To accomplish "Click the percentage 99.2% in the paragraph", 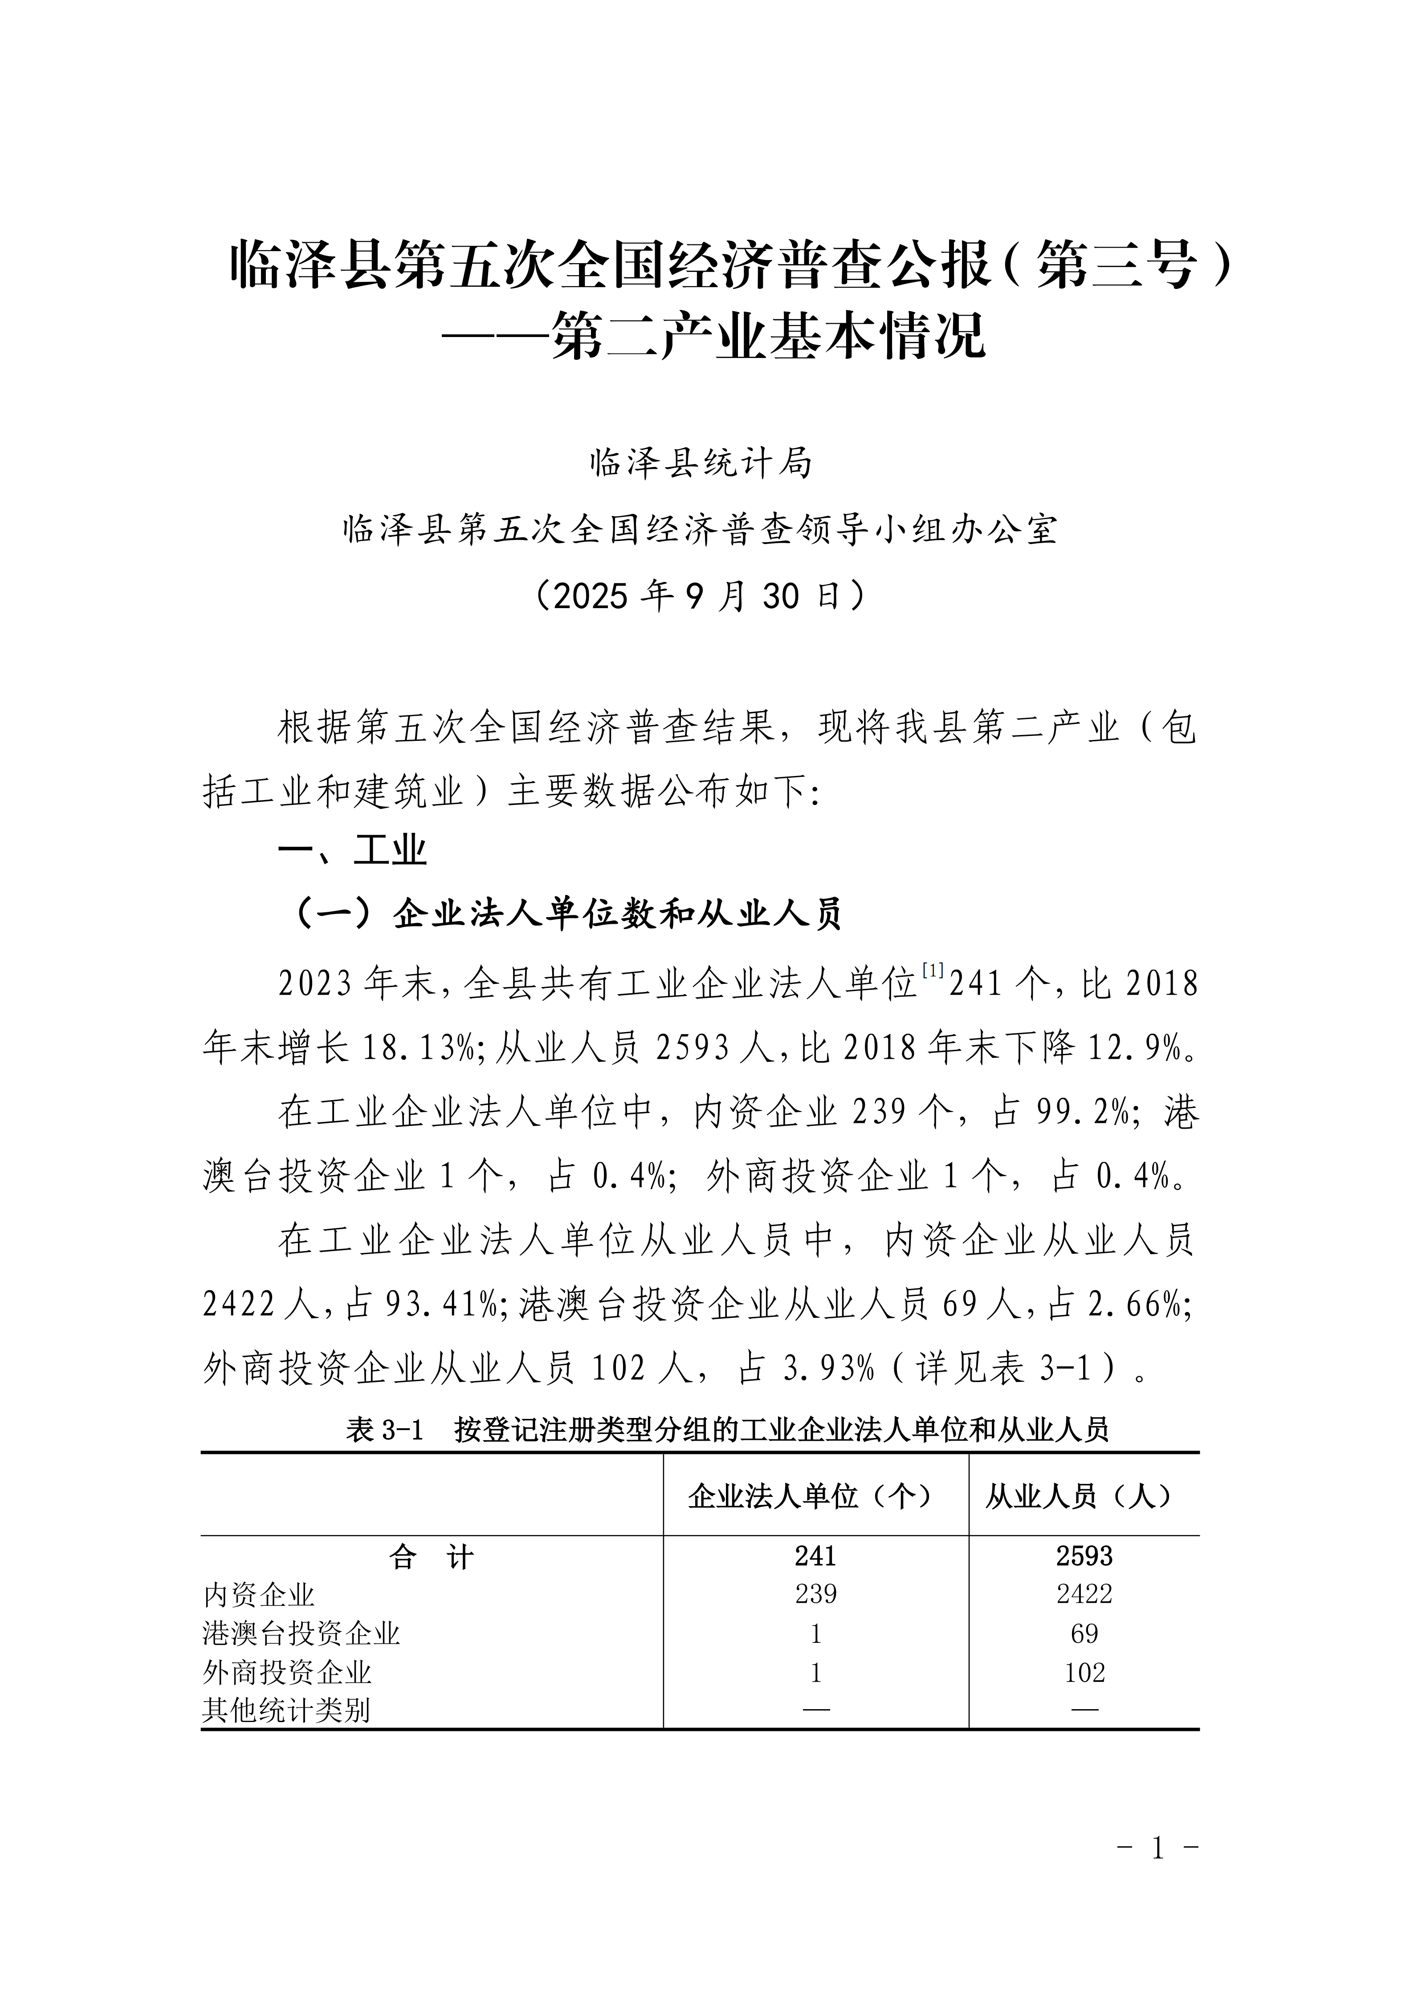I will [1083, 1112].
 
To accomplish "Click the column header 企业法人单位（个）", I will [815, 1497].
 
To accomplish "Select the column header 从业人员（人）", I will [1083, 1497].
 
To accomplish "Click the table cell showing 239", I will [815, 1594].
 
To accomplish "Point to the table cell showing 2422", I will [1084, 1594].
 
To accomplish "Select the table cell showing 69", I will [1084, 1633].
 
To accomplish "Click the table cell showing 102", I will [1084, 1673].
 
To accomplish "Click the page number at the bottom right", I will [1157, 1873].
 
